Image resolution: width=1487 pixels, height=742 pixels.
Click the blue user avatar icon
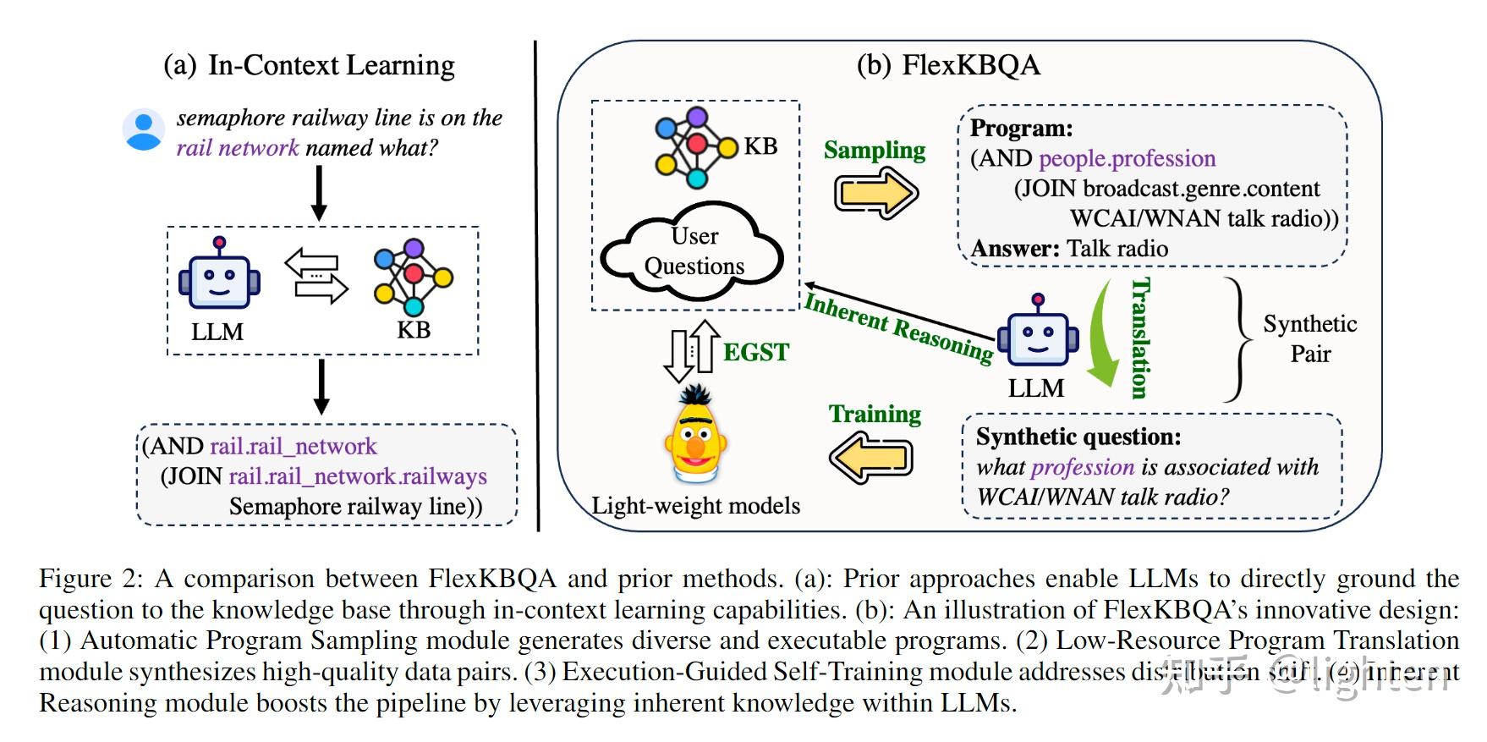143,130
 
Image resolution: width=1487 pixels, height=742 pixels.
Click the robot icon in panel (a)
219,276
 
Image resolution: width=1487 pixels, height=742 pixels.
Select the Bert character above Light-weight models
696,436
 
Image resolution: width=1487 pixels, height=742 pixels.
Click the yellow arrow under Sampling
875,193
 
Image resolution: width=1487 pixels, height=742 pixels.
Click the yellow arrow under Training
871,458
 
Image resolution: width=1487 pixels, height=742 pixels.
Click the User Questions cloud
693,250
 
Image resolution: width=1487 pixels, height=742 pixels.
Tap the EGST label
755,352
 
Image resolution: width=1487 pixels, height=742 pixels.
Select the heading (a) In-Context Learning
309,65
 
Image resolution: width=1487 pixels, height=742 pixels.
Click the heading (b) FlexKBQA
948,65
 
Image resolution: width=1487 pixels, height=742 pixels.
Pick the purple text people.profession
1127,158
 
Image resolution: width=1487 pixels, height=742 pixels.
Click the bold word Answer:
1015,249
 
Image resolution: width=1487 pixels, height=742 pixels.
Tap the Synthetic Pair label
1309,338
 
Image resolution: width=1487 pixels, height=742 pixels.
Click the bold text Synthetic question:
1078,437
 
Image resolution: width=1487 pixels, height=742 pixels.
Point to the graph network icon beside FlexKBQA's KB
695,147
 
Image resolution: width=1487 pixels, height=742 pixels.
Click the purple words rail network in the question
238,148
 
